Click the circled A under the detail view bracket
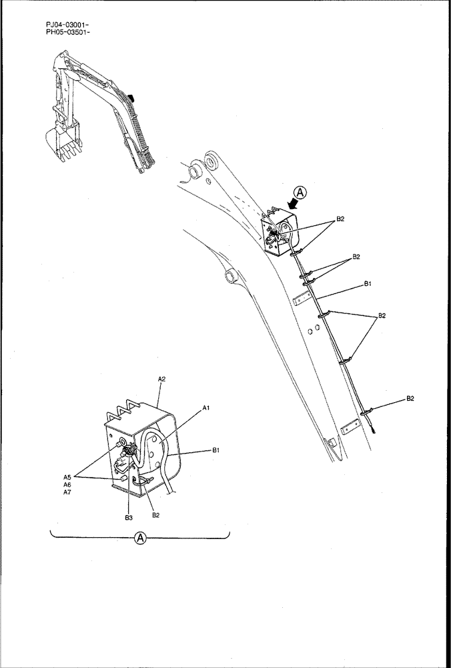tap(140, 537)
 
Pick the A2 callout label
tap(161, 379)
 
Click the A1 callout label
tap(206, 408)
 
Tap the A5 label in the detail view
tap(67, 477)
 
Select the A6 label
tap(67, 484)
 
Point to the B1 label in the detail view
tap(216, 451)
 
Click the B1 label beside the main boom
tap(368, 284)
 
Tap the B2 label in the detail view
tap(155, 515)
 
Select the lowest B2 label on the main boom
tap(410, 399)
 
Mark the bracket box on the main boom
tap(279, 230)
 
